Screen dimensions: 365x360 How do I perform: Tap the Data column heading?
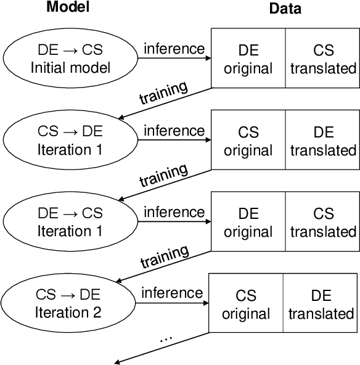pyautogui.click(x=285, y=9)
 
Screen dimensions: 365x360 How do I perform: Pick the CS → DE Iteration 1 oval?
pyautogui.click(x=70, y=141)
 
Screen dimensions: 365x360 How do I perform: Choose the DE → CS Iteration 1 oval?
pyautogui.click(x=70, y=222)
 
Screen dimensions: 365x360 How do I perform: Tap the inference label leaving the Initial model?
pyautogui.click(x=173, y=48)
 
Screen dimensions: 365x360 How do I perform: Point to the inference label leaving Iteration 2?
pyautogui.click(x=171, y=292)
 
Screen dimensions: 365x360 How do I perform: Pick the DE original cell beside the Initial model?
pyautogui.click(x=248, y=59)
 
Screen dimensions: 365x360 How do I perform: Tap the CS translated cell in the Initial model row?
pyautogui.click(x=323, y=59)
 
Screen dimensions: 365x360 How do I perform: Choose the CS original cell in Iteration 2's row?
pyautogui.click(x=245, y=305)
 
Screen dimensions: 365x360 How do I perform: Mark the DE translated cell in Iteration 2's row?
pyautogui.click(x=321, y=305)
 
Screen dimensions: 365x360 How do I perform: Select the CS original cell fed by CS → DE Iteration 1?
pyautogui.click(x=248, y=141)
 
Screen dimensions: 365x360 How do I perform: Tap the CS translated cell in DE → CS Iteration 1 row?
pyautogui.click(x=323, y=222)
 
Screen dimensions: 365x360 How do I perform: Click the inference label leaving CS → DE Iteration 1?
pyautogui.click(x=173, y=131)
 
